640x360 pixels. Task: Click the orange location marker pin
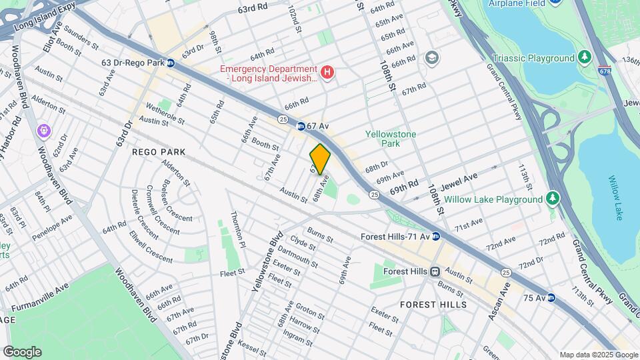(x=320, y=159)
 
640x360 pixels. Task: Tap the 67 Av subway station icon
(x=301, y=125)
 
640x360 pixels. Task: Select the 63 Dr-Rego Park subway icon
(x=171, y=63)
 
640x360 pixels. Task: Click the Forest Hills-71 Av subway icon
(x=435, y=236)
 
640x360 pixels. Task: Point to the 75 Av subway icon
(x=551, y=297)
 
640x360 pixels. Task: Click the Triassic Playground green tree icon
(x=585, y=58)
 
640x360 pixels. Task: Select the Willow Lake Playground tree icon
(x=552, y=199)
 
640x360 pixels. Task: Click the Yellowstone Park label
(x=391, y=139)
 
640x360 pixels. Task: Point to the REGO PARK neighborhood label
(x=159, y=152)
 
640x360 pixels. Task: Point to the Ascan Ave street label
(x=498, y=301)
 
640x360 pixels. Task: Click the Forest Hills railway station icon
(x=435, y=271)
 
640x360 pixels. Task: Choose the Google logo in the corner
(x=23, y=351)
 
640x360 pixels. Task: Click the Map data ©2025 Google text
(x=597, y=355)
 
